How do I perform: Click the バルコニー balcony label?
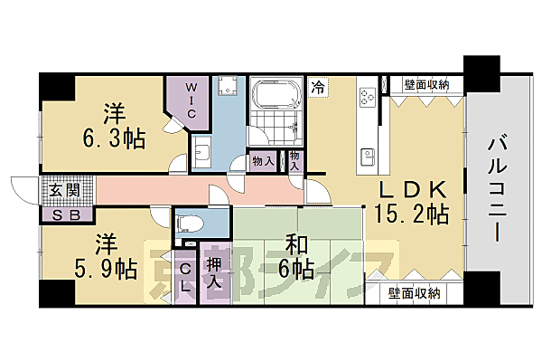[x=498, y=187]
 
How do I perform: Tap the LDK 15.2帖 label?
[x=411, y=202]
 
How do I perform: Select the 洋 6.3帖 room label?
[x=111, y=126]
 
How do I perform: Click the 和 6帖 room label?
[x=294, y=256]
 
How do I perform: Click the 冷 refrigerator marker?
[x=318, y=87]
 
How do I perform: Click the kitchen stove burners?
[x=369, y=98]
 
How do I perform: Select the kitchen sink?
[x=369, y=155]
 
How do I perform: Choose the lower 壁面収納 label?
[x=415, y=293]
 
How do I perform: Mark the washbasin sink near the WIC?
[x=202, y=151]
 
